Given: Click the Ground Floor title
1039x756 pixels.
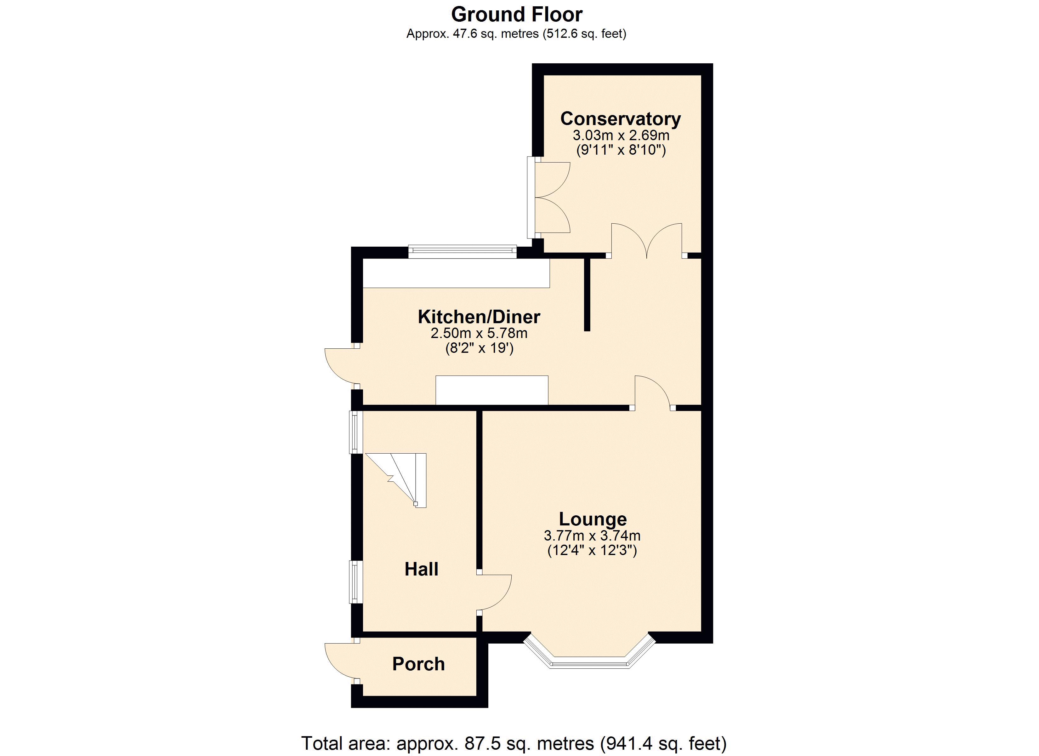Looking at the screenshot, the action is (516, 15).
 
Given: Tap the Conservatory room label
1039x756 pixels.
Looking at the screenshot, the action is (620, 119).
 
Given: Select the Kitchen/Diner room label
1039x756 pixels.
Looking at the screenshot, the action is (479, 317).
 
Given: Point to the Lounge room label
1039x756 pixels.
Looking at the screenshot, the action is (592, 519).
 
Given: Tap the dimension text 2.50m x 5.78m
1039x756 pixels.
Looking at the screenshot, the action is (479, 333).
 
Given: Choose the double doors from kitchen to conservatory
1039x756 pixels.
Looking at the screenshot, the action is (647, 240).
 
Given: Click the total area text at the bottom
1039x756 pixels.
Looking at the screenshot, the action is (514, 743).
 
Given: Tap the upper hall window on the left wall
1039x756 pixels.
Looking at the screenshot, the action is (355, 432).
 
